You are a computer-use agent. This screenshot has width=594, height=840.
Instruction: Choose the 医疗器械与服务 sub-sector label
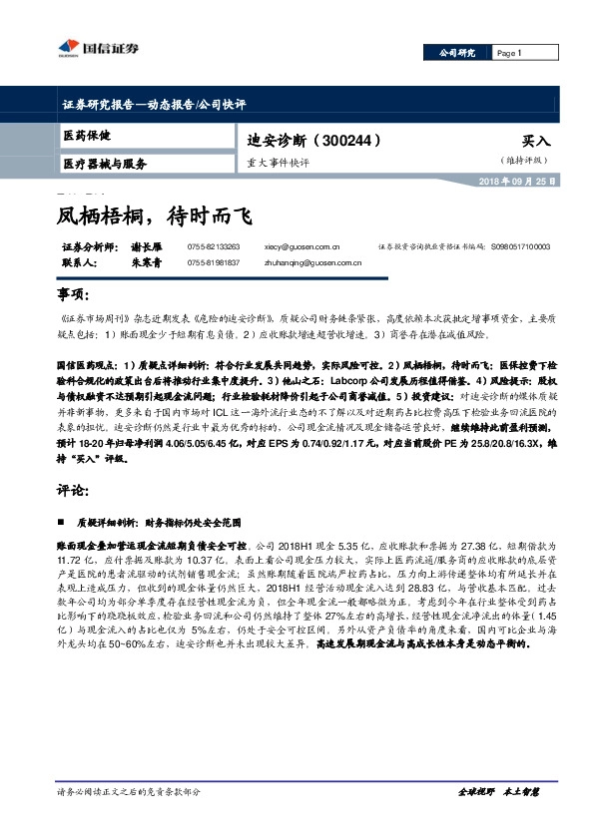coord(105,163)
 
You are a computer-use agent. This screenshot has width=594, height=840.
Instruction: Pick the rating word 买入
coord(536,142)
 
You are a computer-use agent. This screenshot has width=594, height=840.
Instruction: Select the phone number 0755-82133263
coord(214,245)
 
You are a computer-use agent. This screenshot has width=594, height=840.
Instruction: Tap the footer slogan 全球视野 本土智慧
coord(498,791)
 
